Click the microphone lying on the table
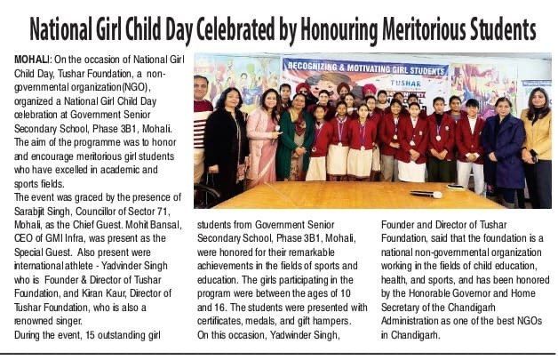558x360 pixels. click(426, 194)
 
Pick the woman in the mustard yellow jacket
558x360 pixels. click(537, 142)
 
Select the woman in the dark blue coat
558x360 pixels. click(503, 147)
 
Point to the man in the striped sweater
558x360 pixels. click(203, 133)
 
